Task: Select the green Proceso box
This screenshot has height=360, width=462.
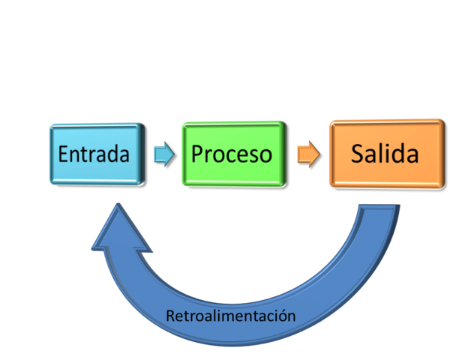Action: point(232,154)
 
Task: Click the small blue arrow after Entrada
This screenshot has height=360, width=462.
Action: point(163,154)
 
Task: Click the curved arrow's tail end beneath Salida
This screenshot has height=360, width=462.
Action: point(379,214)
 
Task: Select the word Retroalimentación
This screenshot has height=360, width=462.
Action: point(230,316)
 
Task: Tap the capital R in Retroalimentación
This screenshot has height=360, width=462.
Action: point(169,316)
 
